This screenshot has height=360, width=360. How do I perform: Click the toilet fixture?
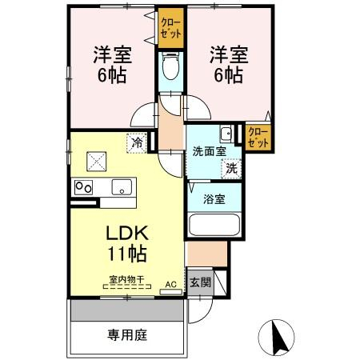point(170,66)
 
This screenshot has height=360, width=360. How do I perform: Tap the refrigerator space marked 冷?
point(137,143)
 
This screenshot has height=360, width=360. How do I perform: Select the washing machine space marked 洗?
point(231,169)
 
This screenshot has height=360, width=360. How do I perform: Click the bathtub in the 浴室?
point(214,224)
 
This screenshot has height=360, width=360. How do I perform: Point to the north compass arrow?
point(279,337)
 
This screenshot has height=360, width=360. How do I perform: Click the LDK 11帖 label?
point(127,243)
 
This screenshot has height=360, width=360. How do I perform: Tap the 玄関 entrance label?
point(200,282)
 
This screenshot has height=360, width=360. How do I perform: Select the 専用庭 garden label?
point(127,335)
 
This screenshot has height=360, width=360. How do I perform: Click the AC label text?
point(170,284)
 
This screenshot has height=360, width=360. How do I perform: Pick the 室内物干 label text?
point(126,279)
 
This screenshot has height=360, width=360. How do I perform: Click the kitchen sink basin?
point(122,187)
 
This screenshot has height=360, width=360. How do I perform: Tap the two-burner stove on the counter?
point(83,187)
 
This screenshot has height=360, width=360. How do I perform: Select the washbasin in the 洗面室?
point(226,134)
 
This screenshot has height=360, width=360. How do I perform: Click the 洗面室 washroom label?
point(210,151)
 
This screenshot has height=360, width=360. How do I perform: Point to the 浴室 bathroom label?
point(214,199)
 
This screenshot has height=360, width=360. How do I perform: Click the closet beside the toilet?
point(171,28)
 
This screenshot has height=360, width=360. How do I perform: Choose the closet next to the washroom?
point(258,138)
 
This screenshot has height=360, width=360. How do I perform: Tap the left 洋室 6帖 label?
point(112,65)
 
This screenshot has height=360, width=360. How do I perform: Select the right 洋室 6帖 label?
point(229,65)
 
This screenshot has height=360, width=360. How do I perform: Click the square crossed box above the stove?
point(97,162)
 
